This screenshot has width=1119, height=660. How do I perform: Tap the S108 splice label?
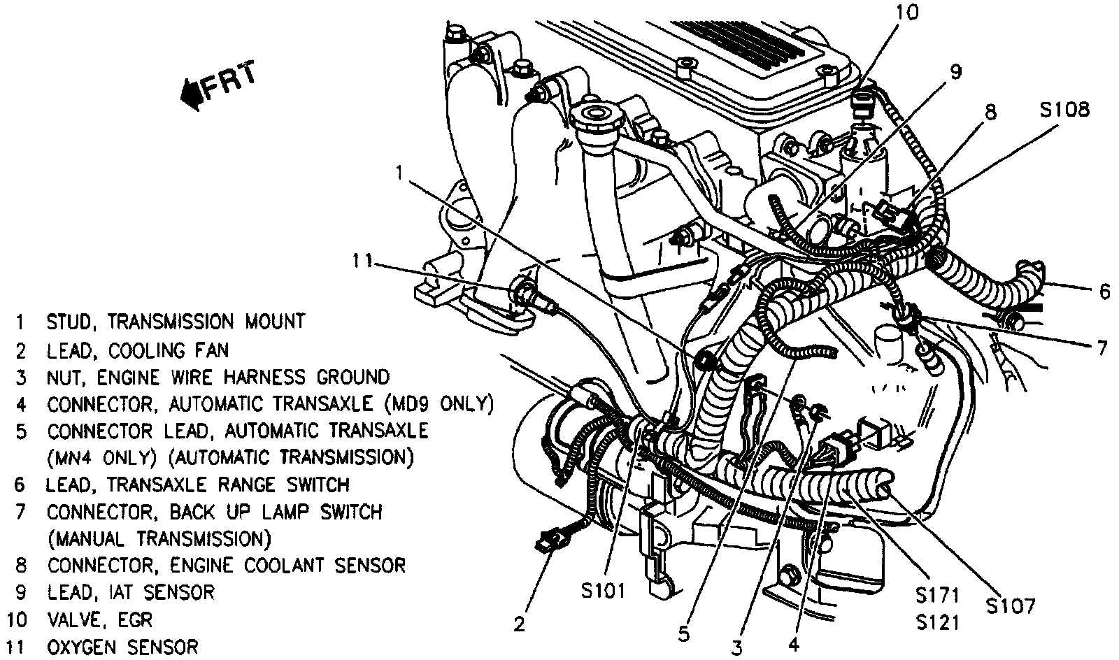pyautogui.click(x=1063, y=110)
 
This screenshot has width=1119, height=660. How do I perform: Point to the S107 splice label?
pyautogui.click(x=1011, y=605)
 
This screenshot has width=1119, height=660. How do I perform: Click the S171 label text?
pyautogui.click(x=937, y=596)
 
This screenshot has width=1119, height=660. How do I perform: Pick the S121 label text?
pyautogui.click(x=937, y=622)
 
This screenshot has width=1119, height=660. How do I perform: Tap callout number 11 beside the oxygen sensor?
pyautogui.click(x=364, y=261)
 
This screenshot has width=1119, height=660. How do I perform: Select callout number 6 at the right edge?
pyautogui.click(x=1104, y=291)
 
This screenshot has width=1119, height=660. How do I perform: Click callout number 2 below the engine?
pyautogui.click(x=518, y=624)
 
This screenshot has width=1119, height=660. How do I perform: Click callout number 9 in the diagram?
pyautogui.click(x=955, y=71)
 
